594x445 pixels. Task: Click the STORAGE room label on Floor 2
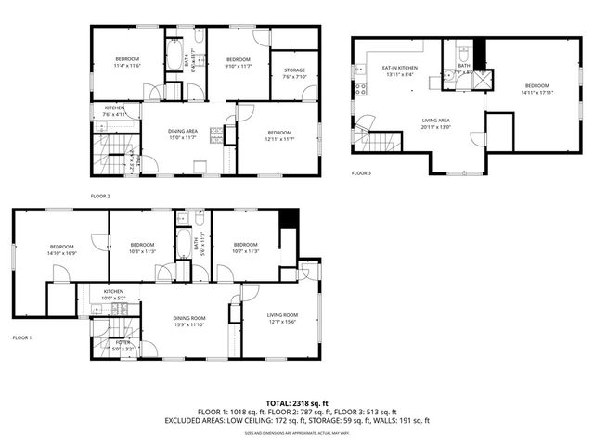[x=293, y=70]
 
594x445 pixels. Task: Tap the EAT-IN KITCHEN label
[x=400, y=68]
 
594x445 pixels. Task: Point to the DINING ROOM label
[x=189, y=318]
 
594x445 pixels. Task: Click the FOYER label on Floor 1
[x=123, y=342]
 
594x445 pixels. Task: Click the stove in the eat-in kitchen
[x=358, y=90]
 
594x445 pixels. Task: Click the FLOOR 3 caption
[x=362, y=172]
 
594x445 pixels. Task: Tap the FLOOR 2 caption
[x=100, y=197]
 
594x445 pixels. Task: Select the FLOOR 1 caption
[x=22, y=337]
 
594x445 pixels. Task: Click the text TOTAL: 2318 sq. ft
[x=296, y=402]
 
